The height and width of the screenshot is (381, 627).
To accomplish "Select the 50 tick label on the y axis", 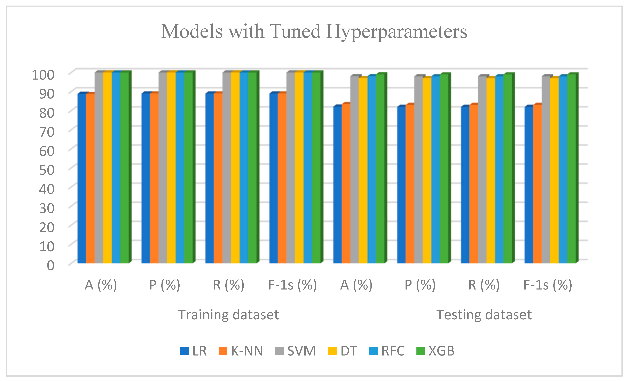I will (x=47, y=170).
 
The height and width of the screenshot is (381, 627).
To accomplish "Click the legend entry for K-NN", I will (x=241, y=351).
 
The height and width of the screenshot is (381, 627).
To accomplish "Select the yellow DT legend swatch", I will (x=332, y=351).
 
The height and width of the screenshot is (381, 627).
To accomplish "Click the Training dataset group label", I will (x=228, y=314).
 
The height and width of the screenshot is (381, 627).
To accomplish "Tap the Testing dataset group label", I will (x=484, y=314).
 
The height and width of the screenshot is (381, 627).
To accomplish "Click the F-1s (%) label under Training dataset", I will (x=292, y=285).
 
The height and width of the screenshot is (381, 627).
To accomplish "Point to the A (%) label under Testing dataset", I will (x=356, y=285).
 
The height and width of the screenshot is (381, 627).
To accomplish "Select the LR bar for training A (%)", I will (x=82, y=178).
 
